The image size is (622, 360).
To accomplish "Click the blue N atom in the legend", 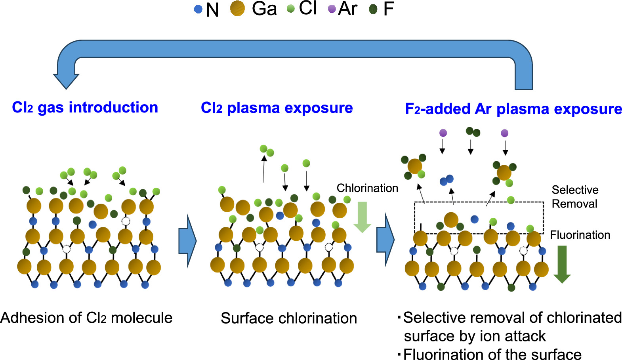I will tap(198, 10).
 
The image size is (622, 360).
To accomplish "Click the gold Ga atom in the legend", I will tap(238, 9).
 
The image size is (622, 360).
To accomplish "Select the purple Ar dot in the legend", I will tap(332, 9).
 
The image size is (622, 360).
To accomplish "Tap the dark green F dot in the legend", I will tap(373, 9).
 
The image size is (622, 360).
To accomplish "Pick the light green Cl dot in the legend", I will tap(291, 9).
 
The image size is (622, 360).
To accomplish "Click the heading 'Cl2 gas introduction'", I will tap(85, 107).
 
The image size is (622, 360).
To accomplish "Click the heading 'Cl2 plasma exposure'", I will tap(277, 108).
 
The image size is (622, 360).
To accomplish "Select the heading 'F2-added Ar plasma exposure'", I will tap(513, 109).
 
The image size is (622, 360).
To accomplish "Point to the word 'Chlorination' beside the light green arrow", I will tap(367, 188).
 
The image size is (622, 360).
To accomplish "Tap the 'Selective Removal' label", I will tap(574, 197).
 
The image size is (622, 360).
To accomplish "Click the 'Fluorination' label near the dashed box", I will tap(580, 235).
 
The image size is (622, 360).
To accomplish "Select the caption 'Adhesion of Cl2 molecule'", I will tap(86, 318).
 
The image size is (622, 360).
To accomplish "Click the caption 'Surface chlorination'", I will tap(289, 318).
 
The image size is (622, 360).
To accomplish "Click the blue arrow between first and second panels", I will tap(187, 240).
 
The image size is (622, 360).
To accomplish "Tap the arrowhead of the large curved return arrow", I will tap(66, 79).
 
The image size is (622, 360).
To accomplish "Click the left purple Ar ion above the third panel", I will tap(443, 133).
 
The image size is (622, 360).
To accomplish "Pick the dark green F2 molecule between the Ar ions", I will tap(473, 131).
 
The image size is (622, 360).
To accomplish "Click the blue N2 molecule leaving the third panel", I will tap(446, 181).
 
